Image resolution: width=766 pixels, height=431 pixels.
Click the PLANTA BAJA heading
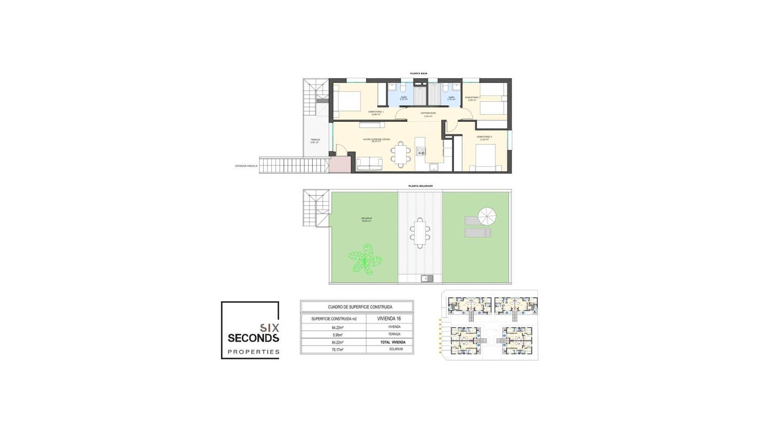click(x=419, y=73)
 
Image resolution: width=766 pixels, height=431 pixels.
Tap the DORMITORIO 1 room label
click(x=376, y=113)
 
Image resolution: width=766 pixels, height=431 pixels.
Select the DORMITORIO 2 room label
click(x=484, y=138)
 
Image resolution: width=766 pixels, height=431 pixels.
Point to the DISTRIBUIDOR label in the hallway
click(x=428, y=114)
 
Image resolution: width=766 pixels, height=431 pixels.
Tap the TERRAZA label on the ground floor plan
click(x=315, y=140)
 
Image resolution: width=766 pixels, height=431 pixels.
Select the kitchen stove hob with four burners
click(x=421, y=151)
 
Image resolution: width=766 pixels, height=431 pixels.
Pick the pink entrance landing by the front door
click(x=340, y=164)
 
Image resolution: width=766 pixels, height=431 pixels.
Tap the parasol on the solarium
click(x=487, y=216)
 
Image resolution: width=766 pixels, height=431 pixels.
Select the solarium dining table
click(x=420, y=233)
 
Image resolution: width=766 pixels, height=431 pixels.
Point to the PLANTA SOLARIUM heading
click(x=420, y=186)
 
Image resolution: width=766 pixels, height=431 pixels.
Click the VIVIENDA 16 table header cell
click(x=389, y=318)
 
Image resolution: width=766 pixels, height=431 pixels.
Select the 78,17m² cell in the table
click(x=338, y=350)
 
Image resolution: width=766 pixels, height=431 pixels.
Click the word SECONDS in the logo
click(x=253, y=338)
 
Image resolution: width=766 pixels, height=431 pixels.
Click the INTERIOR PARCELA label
click(x=246, y=166)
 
